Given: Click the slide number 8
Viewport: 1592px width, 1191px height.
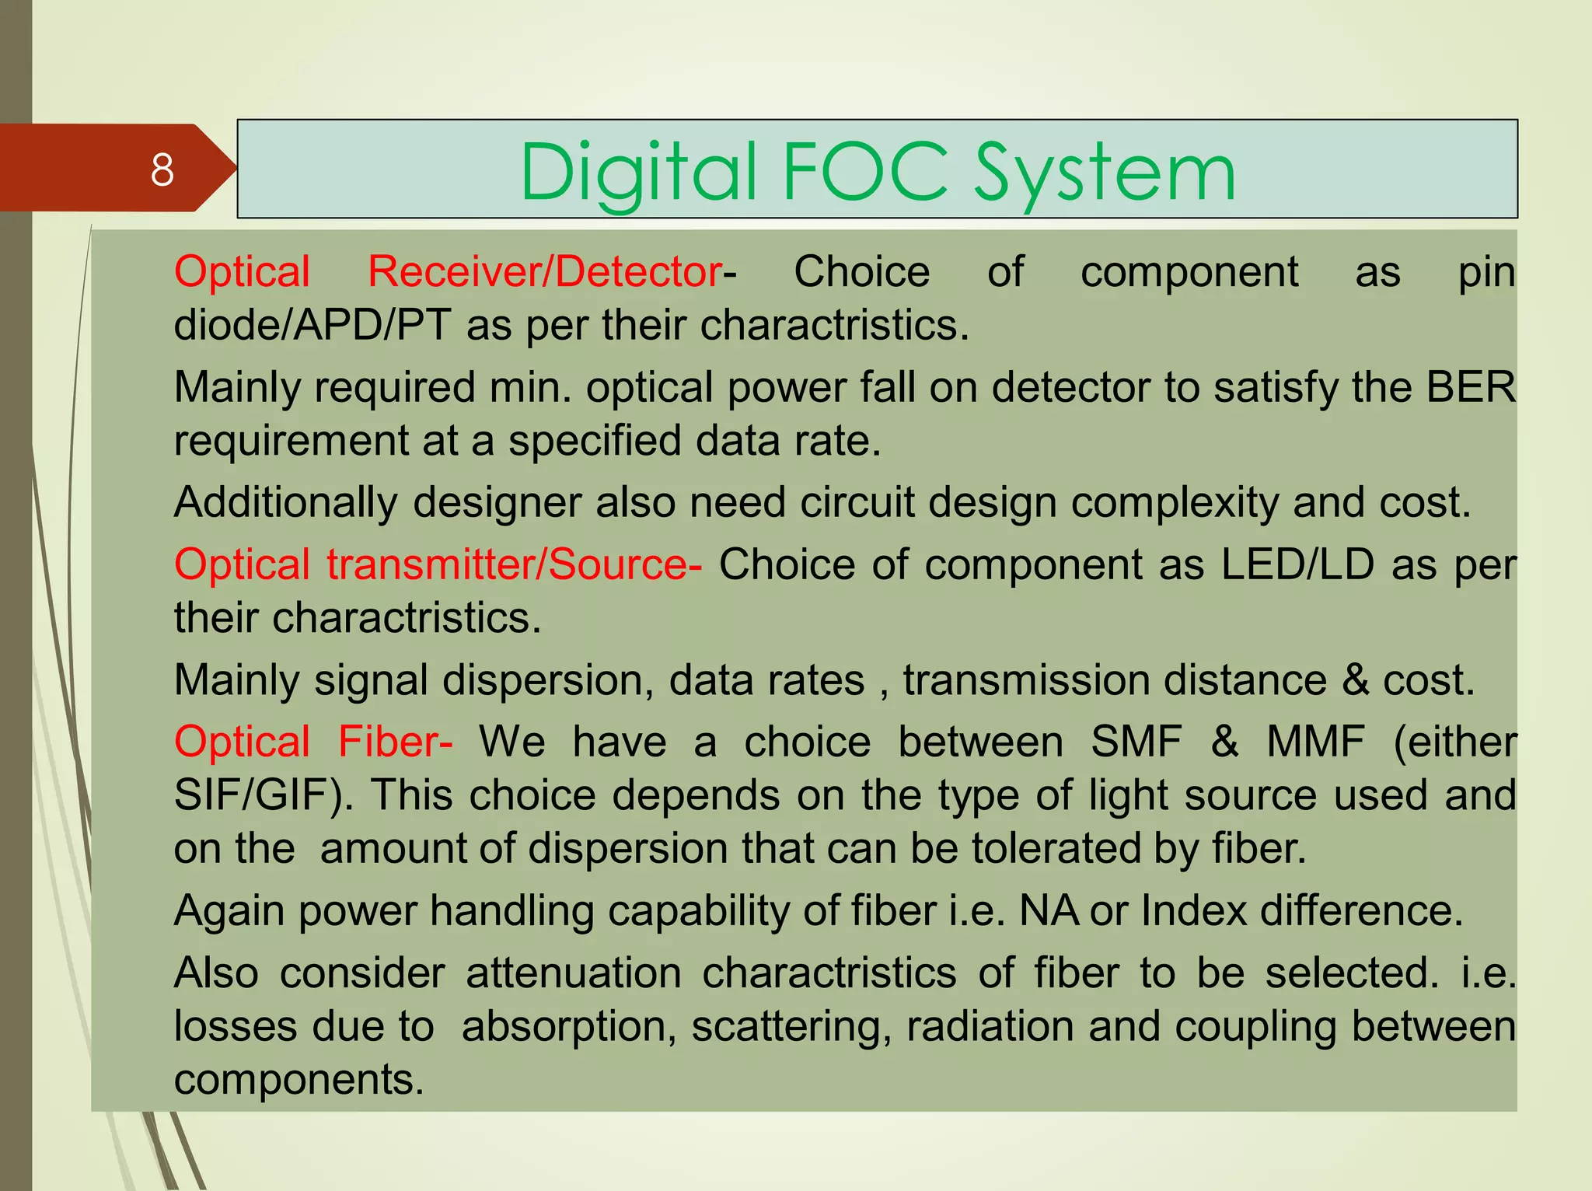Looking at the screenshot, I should (x=162, y=169).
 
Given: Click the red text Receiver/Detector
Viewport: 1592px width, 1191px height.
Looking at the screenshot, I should (x=545, y=272).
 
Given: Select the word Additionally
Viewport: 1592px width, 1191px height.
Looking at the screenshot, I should (x=285, y=502).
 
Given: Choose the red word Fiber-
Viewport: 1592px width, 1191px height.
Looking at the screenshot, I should (x=395, y=741).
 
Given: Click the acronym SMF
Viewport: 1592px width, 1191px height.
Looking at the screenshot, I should (x=1136, y=741).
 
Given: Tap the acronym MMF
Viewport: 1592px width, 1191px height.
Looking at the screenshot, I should (x=1315, y=741).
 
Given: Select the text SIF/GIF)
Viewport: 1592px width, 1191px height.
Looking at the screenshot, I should (x=263, y=795).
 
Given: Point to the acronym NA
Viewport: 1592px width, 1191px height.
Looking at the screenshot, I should (x=1048, y=910).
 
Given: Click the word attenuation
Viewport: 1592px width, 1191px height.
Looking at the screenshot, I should (x=574, y=973).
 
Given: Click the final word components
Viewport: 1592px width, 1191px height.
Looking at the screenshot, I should (x=299, y=1079).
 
